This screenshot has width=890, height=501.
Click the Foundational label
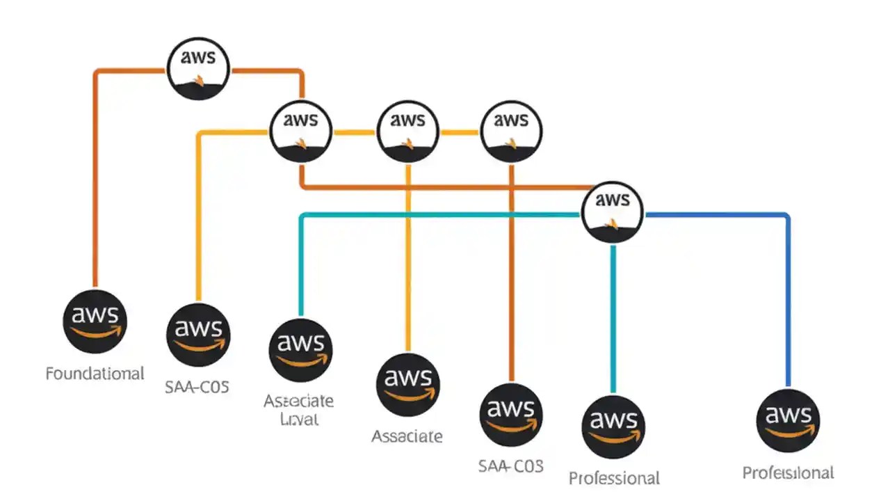point(95,374)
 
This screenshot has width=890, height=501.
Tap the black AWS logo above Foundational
point(95,321)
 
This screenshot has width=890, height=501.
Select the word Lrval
point(298,419)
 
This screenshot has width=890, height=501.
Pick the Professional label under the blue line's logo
point(788,473)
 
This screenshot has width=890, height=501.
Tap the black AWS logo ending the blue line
point(788,420)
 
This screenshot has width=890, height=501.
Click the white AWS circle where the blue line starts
point(613,210)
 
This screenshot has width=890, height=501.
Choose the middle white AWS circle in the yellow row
point(407,130)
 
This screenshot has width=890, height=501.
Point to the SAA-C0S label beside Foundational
point(197,387)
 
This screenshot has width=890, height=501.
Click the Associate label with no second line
point(407,436)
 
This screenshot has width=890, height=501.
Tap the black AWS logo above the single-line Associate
point(407,384)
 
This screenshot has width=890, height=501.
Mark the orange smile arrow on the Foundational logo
point(97,332)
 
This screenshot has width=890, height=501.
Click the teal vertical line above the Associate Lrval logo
point(300,264)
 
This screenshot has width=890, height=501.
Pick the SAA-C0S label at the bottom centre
point(511,466)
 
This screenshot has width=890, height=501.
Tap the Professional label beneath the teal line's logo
point(614,478)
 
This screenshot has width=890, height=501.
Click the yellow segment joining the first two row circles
point(354,132)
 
